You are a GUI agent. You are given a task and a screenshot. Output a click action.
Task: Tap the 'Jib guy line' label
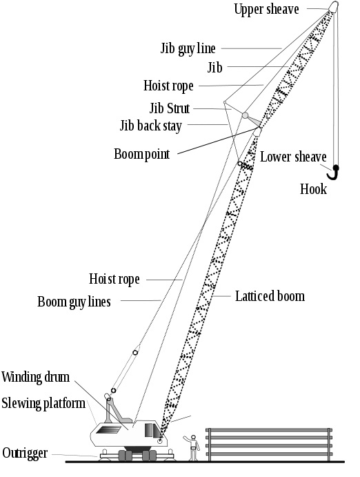pos(188,48)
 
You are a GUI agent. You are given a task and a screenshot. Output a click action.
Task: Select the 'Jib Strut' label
pos(169,108)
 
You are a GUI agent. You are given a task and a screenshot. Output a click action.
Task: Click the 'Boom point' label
pos(141,153)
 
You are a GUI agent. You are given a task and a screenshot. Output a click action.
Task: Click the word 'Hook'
pos(313,188)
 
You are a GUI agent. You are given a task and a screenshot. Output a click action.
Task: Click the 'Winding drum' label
pos(34,378)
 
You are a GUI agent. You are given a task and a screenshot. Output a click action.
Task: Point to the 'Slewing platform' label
pos(43,402)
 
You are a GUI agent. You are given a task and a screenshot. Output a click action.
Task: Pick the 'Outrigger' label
pos(26,453)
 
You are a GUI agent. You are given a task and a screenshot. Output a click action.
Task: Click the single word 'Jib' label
pos(214,67)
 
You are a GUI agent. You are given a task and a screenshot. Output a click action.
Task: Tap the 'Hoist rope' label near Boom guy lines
pos(114,279)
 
